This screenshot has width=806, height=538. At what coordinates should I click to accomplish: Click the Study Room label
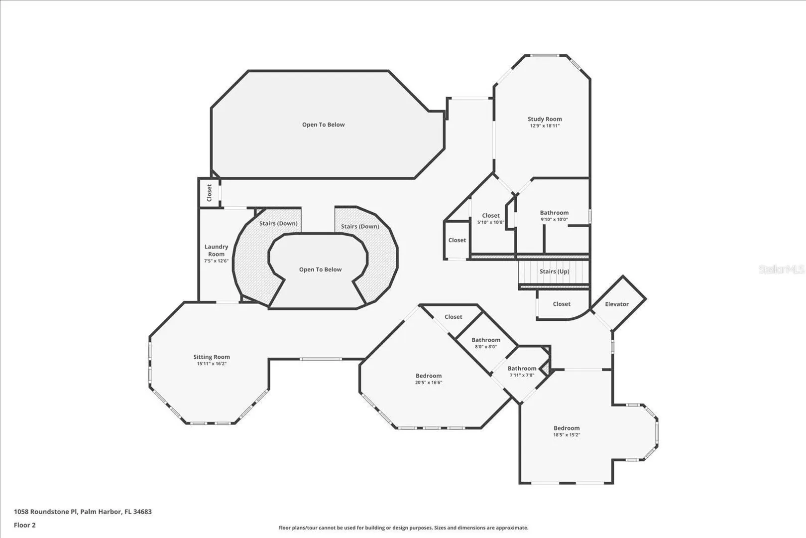[545, 119]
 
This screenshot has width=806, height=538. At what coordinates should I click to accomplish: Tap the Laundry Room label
[216, 250]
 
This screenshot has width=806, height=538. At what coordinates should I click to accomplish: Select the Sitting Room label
[212, 357]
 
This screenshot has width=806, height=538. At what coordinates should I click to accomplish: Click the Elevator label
[617, 304]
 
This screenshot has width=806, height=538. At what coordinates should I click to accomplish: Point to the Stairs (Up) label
[554, 271]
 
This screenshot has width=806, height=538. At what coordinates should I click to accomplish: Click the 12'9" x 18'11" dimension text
[545, 126]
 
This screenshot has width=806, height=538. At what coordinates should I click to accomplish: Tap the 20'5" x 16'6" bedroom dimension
[428, 383]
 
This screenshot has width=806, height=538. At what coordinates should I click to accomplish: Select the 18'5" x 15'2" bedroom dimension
[567, 435]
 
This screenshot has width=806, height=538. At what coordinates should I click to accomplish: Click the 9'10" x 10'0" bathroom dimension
[554, 219]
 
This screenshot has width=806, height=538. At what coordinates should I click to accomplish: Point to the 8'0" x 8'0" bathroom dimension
[486, 347]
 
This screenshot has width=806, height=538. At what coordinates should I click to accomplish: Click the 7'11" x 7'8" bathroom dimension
[522, 375]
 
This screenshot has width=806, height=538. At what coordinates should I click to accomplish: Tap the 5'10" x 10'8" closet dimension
[491, 222]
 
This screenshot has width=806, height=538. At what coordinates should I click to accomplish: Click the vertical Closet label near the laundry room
[209, 193]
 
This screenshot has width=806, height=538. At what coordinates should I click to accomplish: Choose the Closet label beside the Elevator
[562, 304]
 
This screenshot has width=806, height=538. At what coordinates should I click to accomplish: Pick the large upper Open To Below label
[323, 125]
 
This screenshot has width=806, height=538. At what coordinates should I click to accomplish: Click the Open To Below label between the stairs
[320, 269]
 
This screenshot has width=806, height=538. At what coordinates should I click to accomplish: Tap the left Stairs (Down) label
[278, 223]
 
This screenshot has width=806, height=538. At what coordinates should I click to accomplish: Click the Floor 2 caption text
[25, 525]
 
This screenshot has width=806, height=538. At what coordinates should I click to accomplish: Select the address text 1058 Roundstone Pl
[45, 512]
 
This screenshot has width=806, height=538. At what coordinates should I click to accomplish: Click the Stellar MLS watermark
[781, 269]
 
